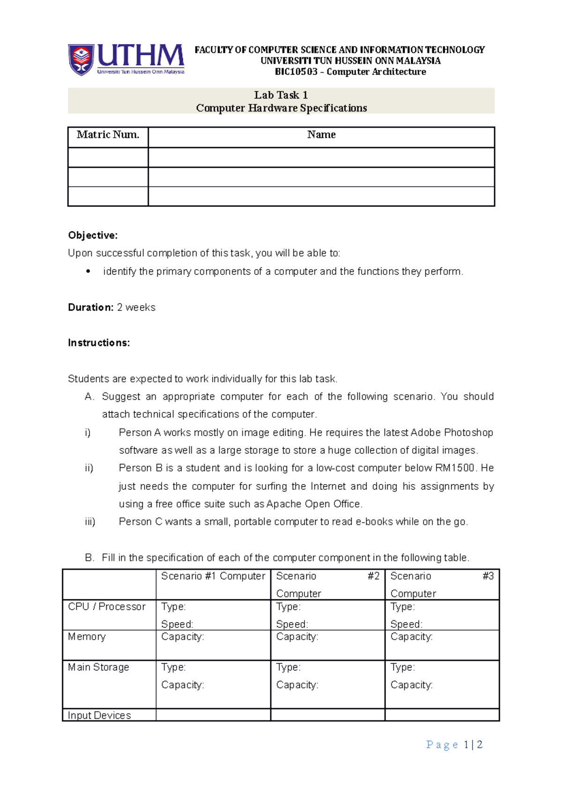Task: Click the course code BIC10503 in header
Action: point(296,72)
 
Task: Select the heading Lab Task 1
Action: point(281,95)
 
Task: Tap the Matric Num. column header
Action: point(108,135)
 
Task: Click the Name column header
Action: point(321,135)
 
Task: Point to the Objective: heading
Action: point(93,235)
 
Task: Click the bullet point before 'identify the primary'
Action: point(88,272)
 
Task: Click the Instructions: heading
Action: point(99,343)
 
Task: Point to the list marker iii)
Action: point(90,522)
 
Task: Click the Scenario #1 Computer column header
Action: point(213,576)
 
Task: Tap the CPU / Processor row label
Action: point(107,607)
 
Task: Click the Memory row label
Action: point(87,637)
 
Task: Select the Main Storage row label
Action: point(98,667)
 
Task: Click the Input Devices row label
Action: point(99,715)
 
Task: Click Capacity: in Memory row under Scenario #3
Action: point(411,637)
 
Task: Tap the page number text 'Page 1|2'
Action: point(454,745)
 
